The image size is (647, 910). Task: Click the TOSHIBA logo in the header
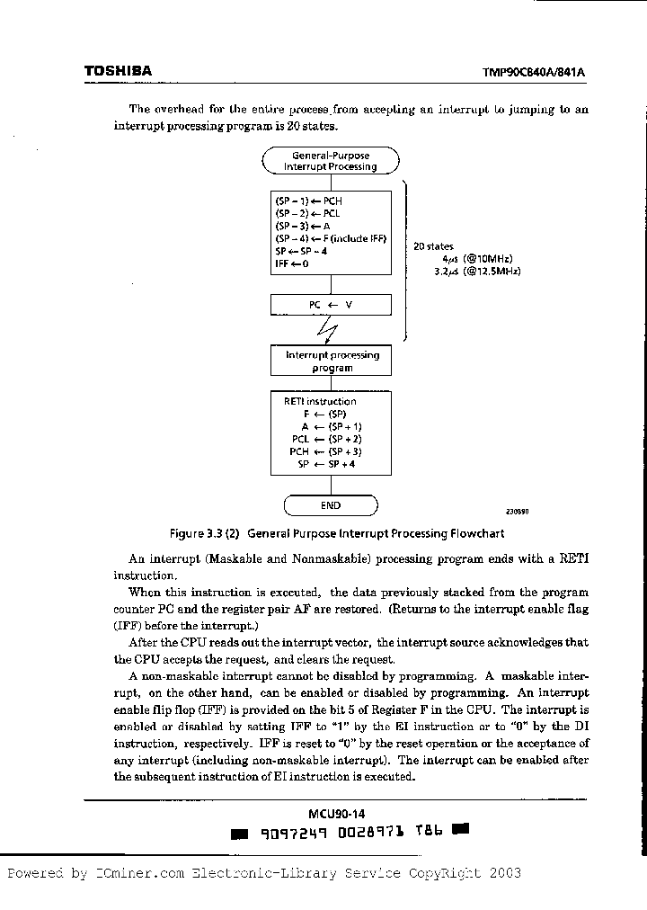(118, 71)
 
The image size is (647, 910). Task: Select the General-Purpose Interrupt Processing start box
(331, 161)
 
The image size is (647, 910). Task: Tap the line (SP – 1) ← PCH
(309, 201)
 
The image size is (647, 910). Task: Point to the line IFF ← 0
(292, 264)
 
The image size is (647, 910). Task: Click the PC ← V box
(331, 305)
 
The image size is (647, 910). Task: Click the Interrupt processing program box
(332, 361)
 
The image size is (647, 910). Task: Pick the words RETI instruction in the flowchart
(320, 401)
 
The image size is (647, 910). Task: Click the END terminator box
(331, 505)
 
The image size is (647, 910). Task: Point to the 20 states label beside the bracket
(433, 246)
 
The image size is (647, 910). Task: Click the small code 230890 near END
(517, 511)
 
